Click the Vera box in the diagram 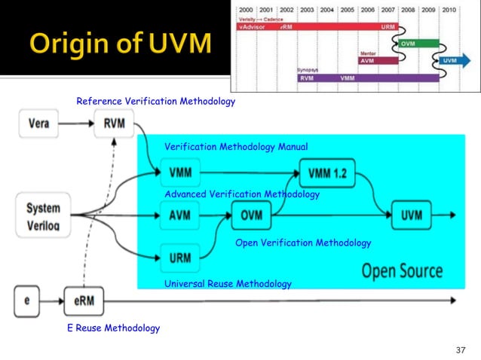pyautogui.click(x=39, y=124)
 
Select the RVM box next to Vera pyautogui.click(x=115, y=124)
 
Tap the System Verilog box pyautogui.click(x=43, y=215)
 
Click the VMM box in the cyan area pyautogui.click(x=180, y=173)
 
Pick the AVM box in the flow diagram pyautogui.click(x=180, y=215)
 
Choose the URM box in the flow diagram pyautogui.click(x=180, y=258)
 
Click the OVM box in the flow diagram pyautogui.click(x=251, y=215)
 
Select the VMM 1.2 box pyautogui.click(x=327, y=173)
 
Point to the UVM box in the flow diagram pyautogui.click(x=412, y=215)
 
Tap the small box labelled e pyautogui.click(x=28, y=301)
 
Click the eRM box pyautogui.click(x=84, y=301)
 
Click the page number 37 pyautogui.click(x=462, y=350)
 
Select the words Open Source pyautogui.click(x=402, y=270)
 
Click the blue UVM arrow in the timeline pyautogui.click(x=449, y=60)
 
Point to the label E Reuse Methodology pyautogui.click(x=113, y=328)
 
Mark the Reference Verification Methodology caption pyautogui.click(x=156, y=101)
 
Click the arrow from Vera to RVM pyautogui.click(x=77, y=124)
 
